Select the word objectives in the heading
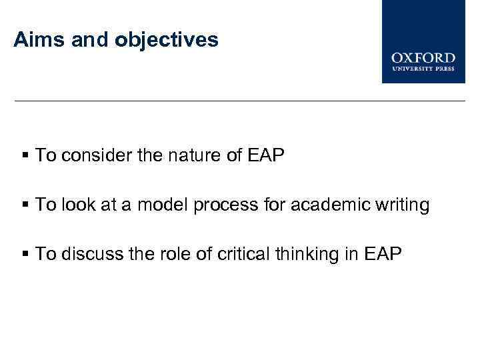click(167, 41)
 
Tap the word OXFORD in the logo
click(423, 57)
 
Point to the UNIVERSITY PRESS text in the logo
click(423, 68)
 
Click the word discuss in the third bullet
click(93, 253)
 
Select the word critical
click(241, 253)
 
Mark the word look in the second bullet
click(79, 205)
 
